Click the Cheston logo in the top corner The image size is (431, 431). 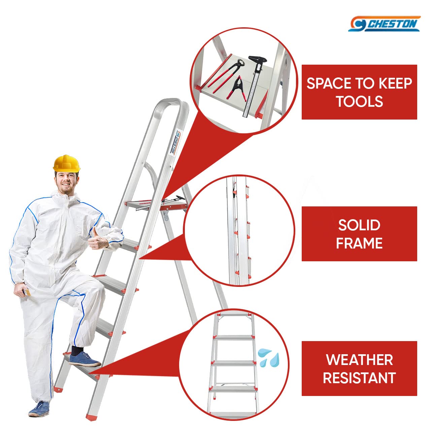[x=384, y=24]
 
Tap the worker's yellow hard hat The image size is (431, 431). [x=66, y=164]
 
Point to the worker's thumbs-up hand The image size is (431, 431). [x=97, y=239]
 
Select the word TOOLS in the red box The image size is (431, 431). [x=360, y=101]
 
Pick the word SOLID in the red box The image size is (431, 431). [x=359, y=225]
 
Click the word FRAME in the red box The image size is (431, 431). [x=359, y=243]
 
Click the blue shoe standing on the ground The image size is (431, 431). [x=39, y=409]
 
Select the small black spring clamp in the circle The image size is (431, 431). [x=237, y=87]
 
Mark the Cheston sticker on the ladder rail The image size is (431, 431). [x=176, y=142]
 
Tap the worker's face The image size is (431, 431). [x=66, y=182]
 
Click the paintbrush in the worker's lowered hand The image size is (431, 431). [x=27, y=292]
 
